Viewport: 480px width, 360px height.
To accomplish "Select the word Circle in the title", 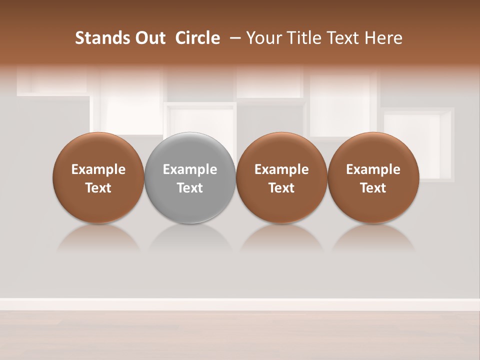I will point(197,38).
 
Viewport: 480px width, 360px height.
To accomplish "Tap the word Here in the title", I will point(384,38).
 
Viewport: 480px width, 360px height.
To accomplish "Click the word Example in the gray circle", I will point(190,169).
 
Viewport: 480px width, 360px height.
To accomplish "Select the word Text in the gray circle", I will point(190,188).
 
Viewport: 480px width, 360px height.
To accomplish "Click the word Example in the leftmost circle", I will point(98,169).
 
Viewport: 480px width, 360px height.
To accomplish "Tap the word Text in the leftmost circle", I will point(98,188).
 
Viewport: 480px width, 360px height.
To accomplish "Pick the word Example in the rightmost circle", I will point(373,169).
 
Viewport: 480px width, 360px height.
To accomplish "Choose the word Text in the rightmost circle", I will point(373,188).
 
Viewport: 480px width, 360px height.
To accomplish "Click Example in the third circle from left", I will point(281,169).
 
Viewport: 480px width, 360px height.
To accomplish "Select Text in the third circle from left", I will point(281,188).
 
